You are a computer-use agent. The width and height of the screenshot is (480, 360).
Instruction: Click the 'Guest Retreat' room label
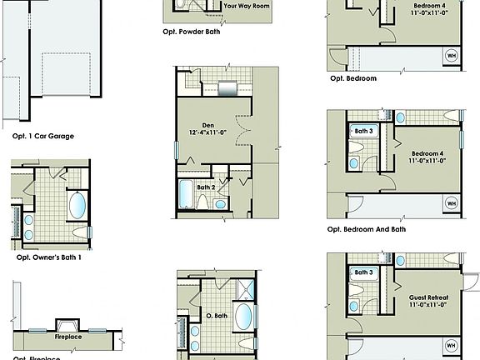tap(428, 297)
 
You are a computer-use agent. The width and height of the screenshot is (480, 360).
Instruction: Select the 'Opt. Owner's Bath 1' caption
tap(54, 257)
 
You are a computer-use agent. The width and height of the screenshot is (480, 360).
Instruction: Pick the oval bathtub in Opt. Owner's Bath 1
tap(76, 205)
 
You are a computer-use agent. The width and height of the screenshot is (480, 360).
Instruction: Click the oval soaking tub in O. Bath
tap(244, 317)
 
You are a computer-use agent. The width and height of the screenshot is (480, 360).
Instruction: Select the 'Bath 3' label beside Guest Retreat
tap(364, 272)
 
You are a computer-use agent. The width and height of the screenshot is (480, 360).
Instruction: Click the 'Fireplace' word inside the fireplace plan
tap(67, 338)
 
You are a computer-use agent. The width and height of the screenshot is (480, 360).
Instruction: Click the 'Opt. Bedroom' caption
tap(352, 78)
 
